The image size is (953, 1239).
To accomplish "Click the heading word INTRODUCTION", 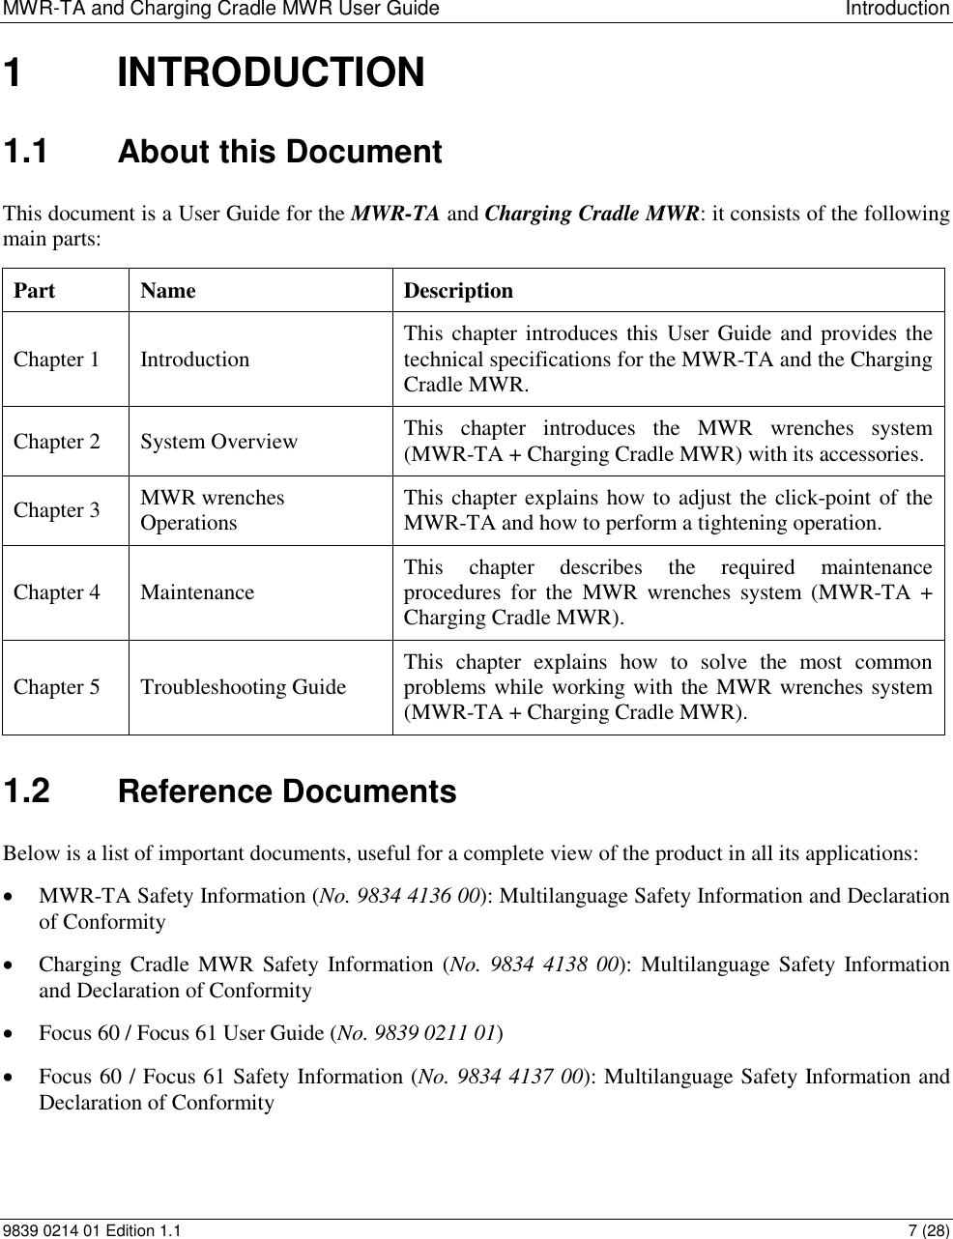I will [270, 73].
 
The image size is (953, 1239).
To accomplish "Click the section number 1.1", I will [32, 153].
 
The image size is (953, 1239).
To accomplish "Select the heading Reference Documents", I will [286, 792].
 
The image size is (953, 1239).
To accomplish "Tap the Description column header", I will [458, 291].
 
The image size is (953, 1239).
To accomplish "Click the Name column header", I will [167, 291].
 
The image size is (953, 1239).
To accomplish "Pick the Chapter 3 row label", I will [56, 510].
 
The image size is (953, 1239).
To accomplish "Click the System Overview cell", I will [218, 442].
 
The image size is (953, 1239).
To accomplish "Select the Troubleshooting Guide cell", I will [243, 687].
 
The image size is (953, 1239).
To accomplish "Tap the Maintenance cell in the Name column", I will [197, 592].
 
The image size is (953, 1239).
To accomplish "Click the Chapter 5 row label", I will [56, 687].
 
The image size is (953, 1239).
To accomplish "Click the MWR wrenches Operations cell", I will [213, 510].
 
